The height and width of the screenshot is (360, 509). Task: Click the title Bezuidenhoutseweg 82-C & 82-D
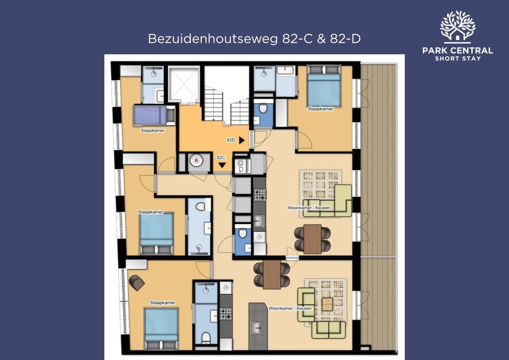pyautogui.click(x=254, y=39)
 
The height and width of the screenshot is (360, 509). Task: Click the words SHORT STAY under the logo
pyautogui.click(x=458, y=58)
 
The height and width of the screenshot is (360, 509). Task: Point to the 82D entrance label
pyautogui.click(x=231, y=141)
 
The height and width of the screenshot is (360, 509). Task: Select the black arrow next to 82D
pyautogui.click(x=242, y=141)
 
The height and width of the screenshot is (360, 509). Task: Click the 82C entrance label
pyautogui.click(x=222, y=157)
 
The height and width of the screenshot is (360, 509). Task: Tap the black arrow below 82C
pyautogui.click(x=222, y=166)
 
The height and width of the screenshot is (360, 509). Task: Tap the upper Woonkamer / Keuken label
pyautogui.click(x=309, y=207)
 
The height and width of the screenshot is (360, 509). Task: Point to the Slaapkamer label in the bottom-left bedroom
pyautogui.click(x=162, y=303)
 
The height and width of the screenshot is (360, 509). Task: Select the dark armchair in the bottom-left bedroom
pyautogui.click(x=137, y=283)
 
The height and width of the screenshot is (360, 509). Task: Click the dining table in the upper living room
pyautogui.click(x=313, y=239)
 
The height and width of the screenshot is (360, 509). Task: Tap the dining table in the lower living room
pyautogui.click(x=272, y=274)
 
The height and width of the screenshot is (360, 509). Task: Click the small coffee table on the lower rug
pyautogui.click(x=328, y=304)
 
